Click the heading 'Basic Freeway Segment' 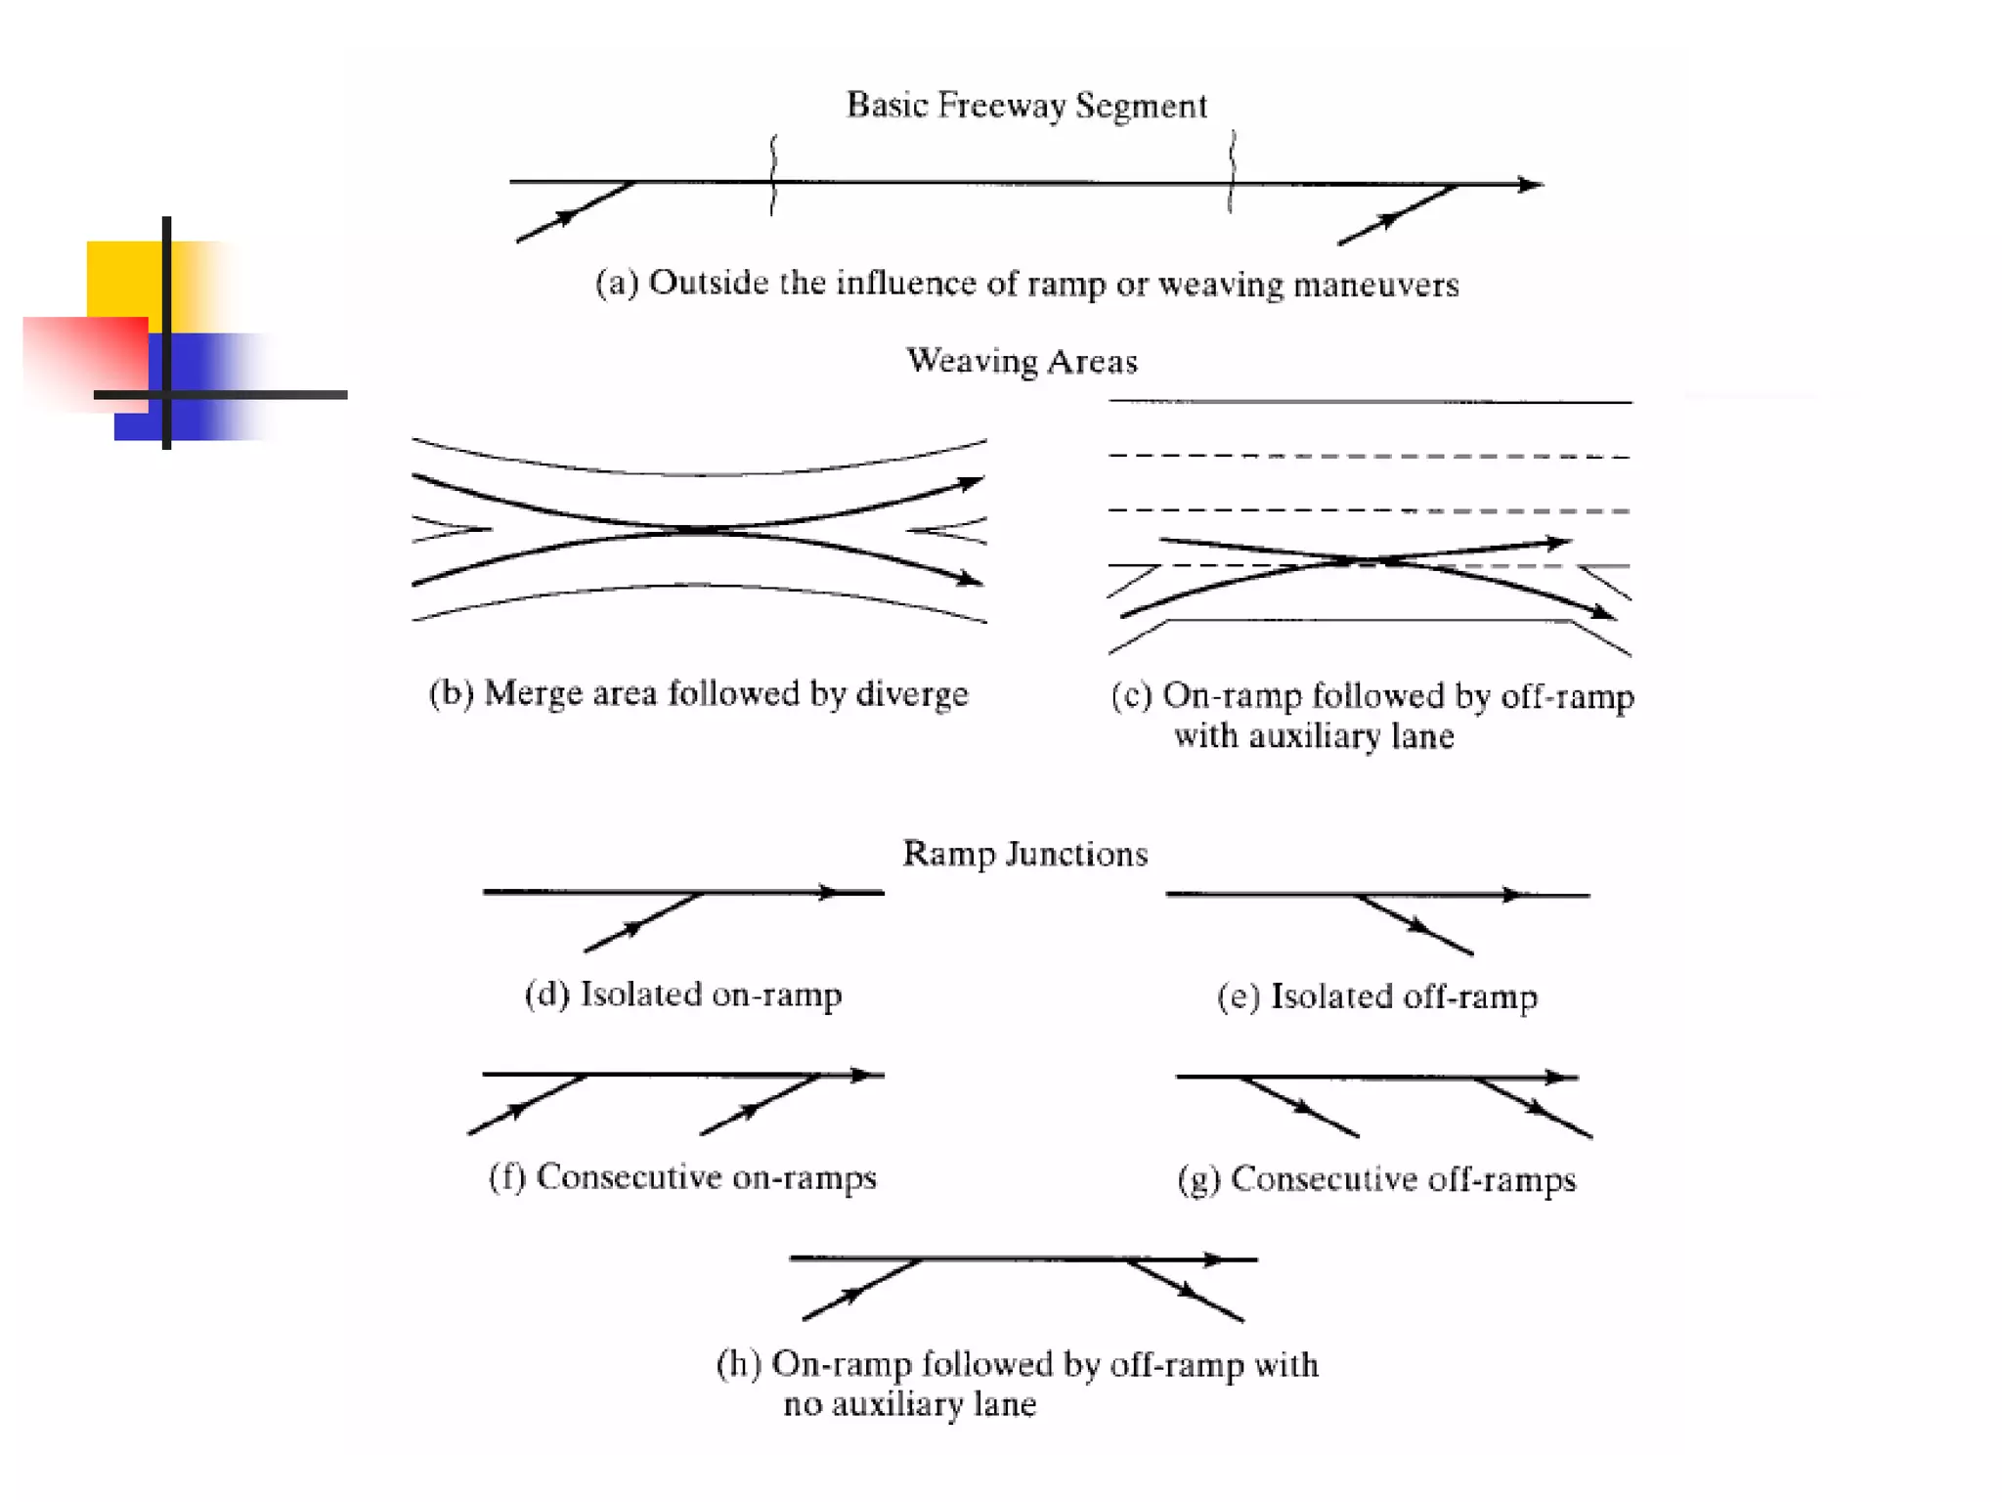tap(1026, 106)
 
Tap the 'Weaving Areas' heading tap(1022, 361)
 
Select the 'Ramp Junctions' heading tap(1024, 854)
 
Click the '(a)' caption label tap(617, 283)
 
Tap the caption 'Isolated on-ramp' tap(711, 994)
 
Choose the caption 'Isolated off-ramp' tap(1404, 996)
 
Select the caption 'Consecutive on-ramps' tap(706, 1177)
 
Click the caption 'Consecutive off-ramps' tap(1403, 1179)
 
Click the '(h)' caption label tap(738, 1364)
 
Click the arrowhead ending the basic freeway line tap(1530, 184)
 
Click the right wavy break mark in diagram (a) tap(1232, 171)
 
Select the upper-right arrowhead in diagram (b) tap(968, 483)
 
